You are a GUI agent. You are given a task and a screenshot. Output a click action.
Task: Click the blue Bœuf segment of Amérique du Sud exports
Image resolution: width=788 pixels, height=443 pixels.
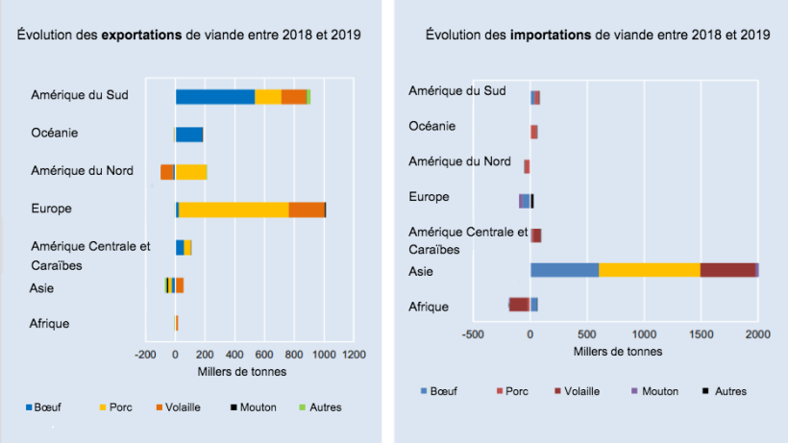[x=214, y=96]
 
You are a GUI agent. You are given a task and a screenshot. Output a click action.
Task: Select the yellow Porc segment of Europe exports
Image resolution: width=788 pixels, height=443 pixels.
[x=234, y=209]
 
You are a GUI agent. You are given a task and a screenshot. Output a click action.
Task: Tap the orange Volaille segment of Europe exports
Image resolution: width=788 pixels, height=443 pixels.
[x=307, y=209]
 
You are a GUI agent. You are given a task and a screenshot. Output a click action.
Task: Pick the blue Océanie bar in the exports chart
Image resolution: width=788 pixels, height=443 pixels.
[x=188, y=135]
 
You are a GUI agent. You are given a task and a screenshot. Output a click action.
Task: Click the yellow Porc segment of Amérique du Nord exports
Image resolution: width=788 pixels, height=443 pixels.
[x=190, y=172]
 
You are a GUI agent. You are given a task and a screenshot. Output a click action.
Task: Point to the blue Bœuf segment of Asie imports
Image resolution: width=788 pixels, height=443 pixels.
[x=564, y=270]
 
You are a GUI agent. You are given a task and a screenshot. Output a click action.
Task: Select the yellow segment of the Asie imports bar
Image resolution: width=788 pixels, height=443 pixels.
[x=649, y=270]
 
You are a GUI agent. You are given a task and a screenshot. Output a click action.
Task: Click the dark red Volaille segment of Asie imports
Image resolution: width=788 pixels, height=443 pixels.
[x=727, y=270]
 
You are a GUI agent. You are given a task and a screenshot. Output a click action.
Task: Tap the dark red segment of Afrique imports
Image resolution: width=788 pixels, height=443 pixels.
[x=519, y=305]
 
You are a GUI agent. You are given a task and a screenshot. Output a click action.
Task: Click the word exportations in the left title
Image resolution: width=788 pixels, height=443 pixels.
[x=142, y=36]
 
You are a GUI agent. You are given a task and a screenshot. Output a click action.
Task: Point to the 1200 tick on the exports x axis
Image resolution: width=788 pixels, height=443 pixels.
[x=355, y=355]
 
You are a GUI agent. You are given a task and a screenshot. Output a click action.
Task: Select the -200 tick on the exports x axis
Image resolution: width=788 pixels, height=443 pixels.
[x=145, y=355]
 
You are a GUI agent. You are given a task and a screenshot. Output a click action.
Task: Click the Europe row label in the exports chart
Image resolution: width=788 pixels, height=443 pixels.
[x=52, y=209]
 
